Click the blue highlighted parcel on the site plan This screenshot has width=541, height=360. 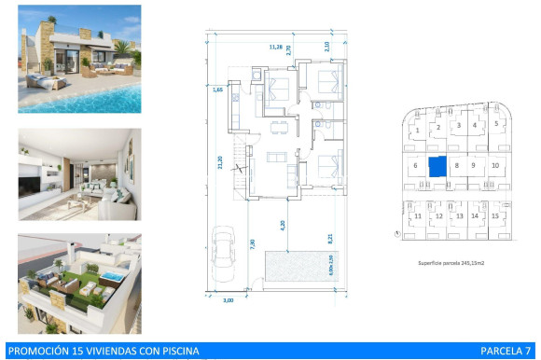(x=437, y=166)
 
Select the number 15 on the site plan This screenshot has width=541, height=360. (x=495, y=216)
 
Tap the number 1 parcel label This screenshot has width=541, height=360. (x=415, y=128)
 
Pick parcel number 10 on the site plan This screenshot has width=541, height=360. (x=495, y=166)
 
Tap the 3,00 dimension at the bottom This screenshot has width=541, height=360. (x=228, y=300)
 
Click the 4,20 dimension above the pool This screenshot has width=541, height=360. (x=284, y=224)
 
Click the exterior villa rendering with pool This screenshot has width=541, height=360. (x=79, y=59)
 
